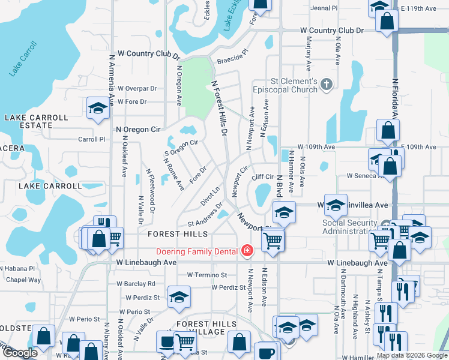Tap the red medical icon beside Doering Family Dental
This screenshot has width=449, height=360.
[246, 250]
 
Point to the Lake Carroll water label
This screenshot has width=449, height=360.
[22, 62]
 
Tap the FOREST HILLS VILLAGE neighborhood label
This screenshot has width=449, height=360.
[206, 328]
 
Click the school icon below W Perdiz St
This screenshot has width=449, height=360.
[179, 298]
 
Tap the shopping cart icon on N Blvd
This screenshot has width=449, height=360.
[273, 239]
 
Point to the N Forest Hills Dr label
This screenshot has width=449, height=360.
[219, 108]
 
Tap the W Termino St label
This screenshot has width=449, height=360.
[207, 275]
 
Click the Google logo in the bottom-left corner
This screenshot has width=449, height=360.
[19, 353]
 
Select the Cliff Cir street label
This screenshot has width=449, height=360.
[262, 177]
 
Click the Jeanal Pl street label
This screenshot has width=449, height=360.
[325, 8]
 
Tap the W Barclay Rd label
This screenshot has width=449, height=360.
[136, 283]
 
